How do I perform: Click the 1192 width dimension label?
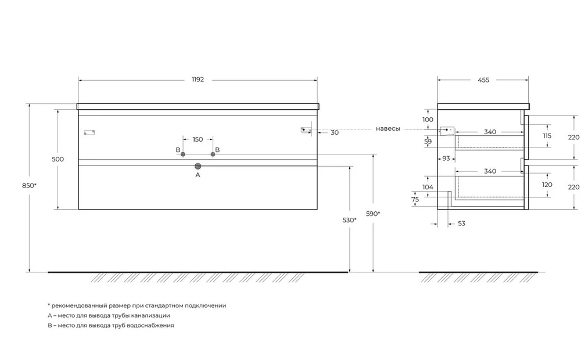coord(198,80)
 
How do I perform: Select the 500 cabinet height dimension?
coord(58,159)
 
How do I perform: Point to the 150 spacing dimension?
coord(198,139)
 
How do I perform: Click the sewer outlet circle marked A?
coord(198,165)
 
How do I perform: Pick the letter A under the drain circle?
coord(198,174)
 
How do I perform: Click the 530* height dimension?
coord(350,220)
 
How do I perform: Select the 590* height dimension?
coord(373,214)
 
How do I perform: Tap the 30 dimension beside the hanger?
coord(335,133)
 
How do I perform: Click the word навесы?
coord(388,129)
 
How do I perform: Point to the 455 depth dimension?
coord(483,80)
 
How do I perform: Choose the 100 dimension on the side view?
coord(428,120)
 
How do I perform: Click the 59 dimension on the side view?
coord(428,141)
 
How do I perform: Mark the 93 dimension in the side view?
coord(446,158)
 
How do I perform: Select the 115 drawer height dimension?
coord(547,135)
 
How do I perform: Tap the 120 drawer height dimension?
coord(547,185)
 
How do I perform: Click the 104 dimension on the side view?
coord(428,187)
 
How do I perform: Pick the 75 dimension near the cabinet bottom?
coord(415,199)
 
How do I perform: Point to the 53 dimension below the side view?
coord(461,223)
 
